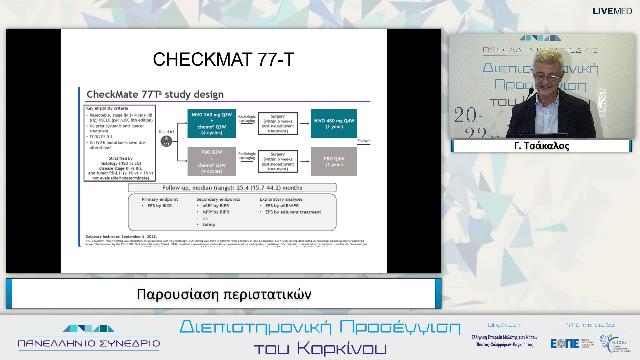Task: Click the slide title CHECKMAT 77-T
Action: pyautogui.click(x=223, y=59)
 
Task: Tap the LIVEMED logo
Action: pyautogui.click(x=612, y=11)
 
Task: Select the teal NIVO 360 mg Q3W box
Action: pyautogui.click(x=212, y=123)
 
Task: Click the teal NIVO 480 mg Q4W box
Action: pyautogui.click(x=334, y=123)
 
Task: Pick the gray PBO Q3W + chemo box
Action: pyautogui.click(x=212, y=161)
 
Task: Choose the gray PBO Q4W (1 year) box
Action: pyautogui.click(x=334, y=161)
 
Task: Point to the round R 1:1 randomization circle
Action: pyautogui.click(x=166, y=141)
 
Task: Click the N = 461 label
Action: pyautogui.click(x=166, y=132)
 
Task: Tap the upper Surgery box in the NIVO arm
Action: pyautogui.click(x=278, y=123)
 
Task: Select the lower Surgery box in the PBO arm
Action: pyautogui.click(x=278, y=161)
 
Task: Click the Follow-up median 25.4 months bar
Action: pyautogui.click(x=232, y=188)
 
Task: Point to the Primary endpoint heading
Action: pyautogui.click(x=160, y=199)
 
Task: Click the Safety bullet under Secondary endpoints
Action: pyautogui.click(x=209, y=224)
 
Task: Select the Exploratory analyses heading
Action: pyautogui.click(x=281, y=199)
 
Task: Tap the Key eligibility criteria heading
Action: pyautogui.click(x=107, y=108)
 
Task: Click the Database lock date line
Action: pyautogui.click(x=121, y=236)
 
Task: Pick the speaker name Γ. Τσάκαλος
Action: pyautogui.click(x=541, y=146)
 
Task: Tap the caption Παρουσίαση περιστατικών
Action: pyautogui.click(x=224, y=294)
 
